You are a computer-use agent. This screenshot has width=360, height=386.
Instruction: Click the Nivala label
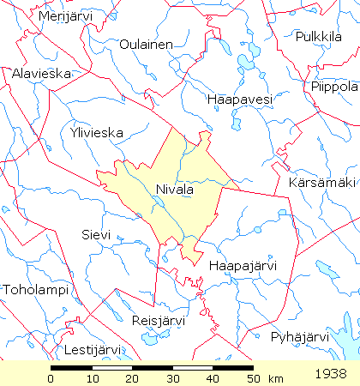[x=176, y=190]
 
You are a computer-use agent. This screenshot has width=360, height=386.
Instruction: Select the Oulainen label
[x=147, y=45]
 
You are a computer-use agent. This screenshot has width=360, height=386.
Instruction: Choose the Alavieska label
[x=41, y=74]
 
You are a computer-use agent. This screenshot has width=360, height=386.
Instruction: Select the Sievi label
[x=95, y=234]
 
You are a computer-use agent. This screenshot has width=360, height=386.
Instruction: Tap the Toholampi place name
[x=34, y=290]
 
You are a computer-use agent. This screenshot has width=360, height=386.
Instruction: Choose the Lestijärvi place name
[x=88, y=350]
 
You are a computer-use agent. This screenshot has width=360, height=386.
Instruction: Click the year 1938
[x=330, y=374]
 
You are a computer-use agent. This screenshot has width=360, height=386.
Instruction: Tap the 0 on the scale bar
[x=51, y=378]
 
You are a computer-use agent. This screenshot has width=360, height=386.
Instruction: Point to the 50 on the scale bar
[x=252, y=378]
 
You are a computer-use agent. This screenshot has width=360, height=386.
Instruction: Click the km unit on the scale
[x=275, y=378]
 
